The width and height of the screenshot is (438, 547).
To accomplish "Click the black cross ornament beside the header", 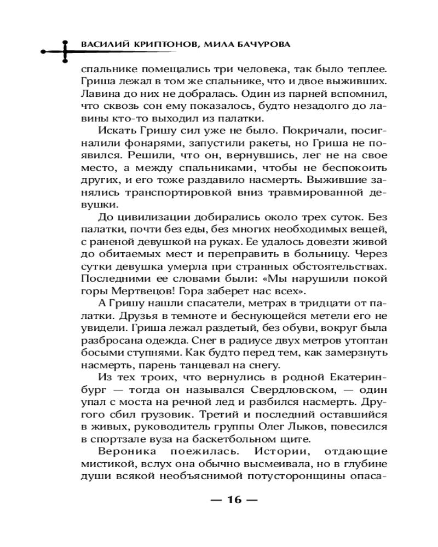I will click(x=65, y=50).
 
